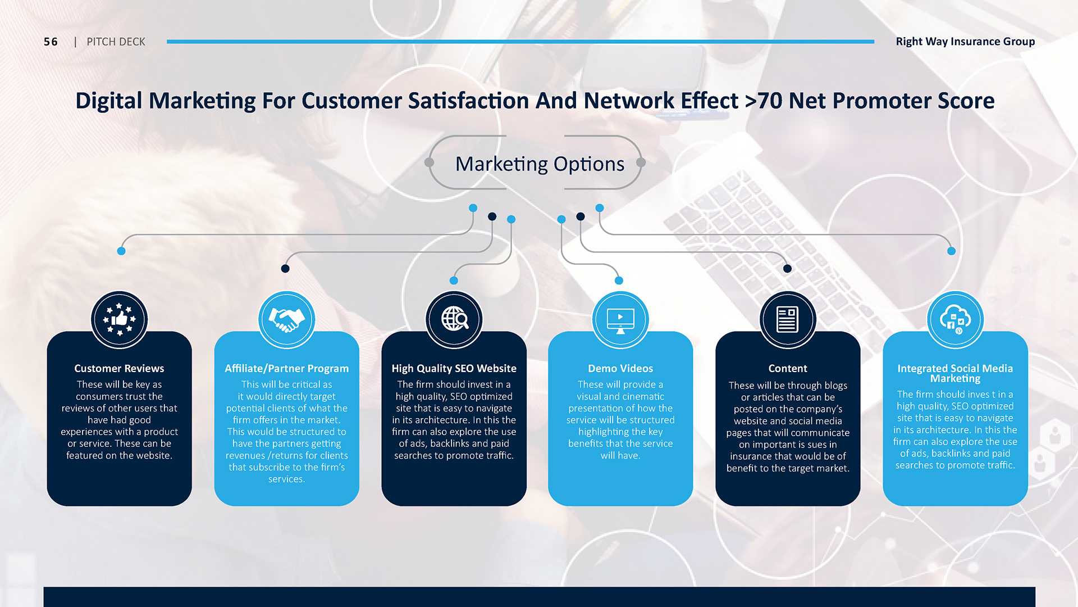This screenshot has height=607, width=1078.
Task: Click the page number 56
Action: tap(51, 42)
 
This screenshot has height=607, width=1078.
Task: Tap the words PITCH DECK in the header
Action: tap(116, 42)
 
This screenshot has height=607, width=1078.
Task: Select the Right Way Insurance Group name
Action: tap(965, 42)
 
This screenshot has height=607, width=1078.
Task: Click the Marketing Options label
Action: tap(540, 164)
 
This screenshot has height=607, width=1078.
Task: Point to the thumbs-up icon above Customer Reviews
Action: tap(120, 319)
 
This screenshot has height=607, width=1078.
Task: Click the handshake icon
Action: tap(286, 319)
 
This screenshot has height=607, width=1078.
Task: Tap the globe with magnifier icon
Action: tap(454, 319)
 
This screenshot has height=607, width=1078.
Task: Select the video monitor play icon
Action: tap(620, 320)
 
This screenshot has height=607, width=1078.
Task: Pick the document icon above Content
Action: tap(787, 319)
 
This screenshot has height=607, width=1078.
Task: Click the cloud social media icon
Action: tap(955, 319)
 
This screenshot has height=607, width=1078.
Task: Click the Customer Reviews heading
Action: tap(119, 368)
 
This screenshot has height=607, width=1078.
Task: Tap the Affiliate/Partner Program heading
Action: tap(286, 369)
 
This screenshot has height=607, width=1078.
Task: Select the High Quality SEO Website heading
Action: tap(454, 369)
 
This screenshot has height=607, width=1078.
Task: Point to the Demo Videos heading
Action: tap(620, 368)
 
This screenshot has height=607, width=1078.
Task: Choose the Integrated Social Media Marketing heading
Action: tap(955, 373)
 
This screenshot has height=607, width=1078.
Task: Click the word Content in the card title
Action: tap(788, 368)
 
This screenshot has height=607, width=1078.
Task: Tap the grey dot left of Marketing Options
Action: tap(430, 162)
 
